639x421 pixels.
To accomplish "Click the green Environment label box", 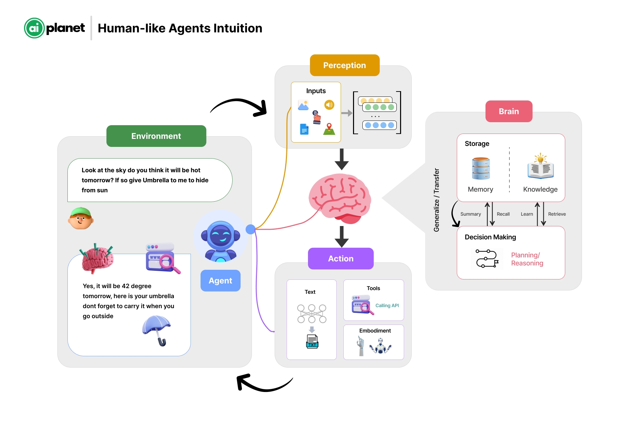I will click(156, 136).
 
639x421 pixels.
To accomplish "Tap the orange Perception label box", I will click(344, 65).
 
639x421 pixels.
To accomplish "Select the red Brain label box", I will click(509, 111).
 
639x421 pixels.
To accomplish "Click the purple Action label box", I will click(340, 258).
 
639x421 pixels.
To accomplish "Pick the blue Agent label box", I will click(220, 280).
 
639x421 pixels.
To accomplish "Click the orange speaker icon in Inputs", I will click(329, 105).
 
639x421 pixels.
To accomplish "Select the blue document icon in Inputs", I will click(304, 129).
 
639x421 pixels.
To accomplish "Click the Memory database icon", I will click(481, 168).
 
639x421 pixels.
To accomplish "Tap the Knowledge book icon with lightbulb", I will click(540, 167).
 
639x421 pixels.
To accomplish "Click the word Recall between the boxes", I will click(503, 214).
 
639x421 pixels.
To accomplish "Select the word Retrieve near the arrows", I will click(557, 214).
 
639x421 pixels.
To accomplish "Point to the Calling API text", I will click(387, 305).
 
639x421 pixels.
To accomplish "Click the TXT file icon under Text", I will click(312, 342).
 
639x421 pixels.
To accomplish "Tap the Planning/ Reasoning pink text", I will click(527, 259).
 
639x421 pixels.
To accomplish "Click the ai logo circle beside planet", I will click(34, 28).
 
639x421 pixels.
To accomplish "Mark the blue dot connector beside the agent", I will click(250, 229).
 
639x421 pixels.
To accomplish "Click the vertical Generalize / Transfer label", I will click(436, 200).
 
